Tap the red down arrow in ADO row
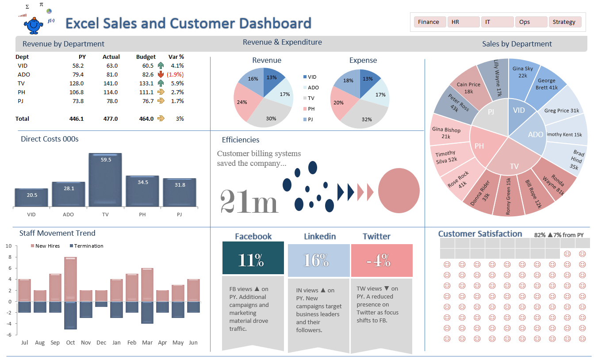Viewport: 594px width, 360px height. click(161, 74)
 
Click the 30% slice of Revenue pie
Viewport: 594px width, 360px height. click(271, 111)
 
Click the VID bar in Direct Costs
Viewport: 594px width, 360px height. click(31, 198)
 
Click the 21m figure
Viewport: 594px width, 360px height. click(249, 202)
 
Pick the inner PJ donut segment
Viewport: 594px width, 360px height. click(490, 112)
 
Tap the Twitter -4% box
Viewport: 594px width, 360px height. click(382, 260)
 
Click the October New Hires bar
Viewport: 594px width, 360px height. click(70, 279)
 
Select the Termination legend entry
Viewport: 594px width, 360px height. click(86, 246)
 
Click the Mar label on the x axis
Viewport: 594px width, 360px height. click(147, 343)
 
